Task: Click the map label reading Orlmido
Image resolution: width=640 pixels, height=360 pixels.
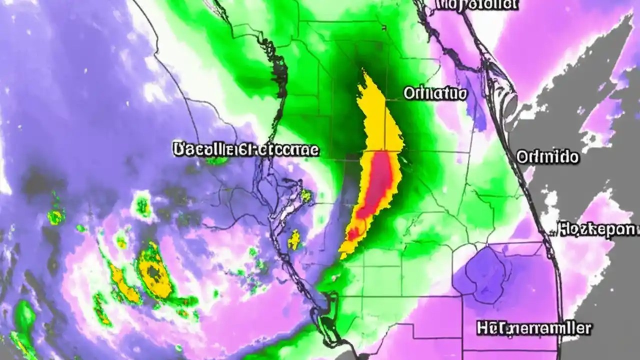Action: [547, 157]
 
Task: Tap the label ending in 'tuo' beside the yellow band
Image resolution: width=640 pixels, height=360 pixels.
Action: [435, 93]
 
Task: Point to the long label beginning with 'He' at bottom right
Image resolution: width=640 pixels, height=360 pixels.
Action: [534, 328]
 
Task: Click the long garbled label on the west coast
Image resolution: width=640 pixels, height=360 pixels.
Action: [245, 149]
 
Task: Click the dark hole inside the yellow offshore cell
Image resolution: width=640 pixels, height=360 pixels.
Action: [152, 272]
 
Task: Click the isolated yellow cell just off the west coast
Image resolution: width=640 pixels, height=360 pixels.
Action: [295, 239]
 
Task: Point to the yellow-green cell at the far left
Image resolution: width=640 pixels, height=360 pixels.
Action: [56, 216]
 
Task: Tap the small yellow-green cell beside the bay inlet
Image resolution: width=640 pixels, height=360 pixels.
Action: [306, 196]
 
